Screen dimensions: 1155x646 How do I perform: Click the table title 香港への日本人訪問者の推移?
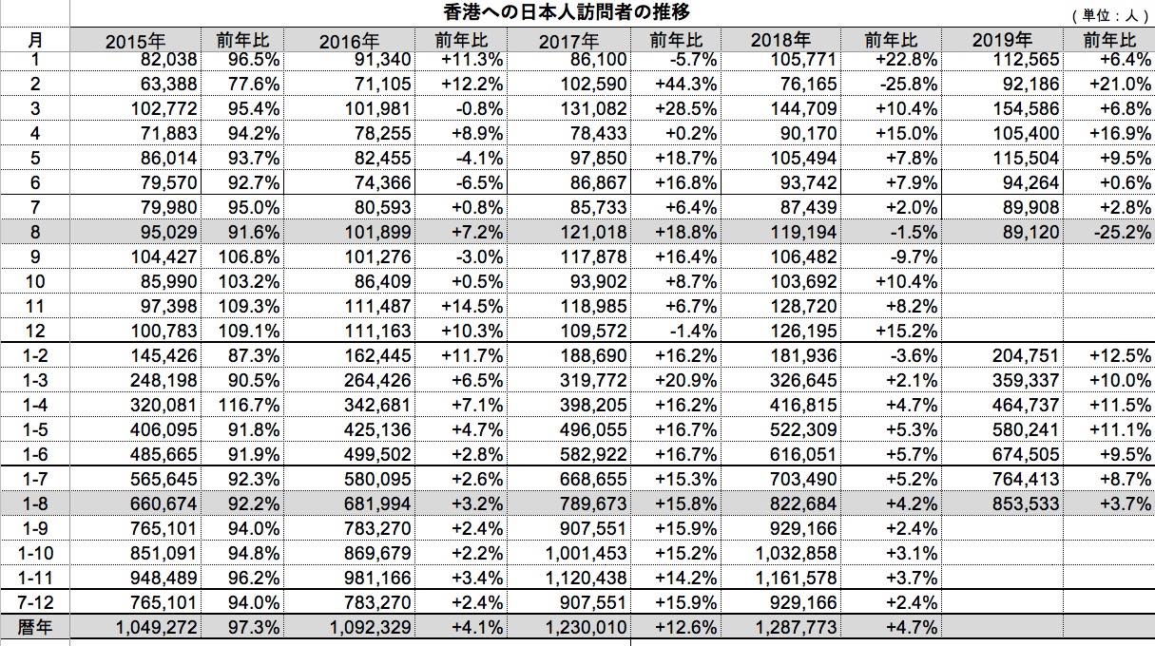coord(567,11)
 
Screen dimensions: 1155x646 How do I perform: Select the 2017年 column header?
coord(568,41)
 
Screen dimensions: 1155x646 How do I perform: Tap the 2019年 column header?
coord(1002,40)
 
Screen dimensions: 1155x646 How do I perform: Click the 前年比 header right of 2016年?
coord(461,40)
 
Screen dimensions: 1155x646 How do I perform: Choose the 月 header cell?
coord(35,40)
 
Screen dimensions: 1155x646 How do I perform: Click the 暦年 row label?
coord(35,627)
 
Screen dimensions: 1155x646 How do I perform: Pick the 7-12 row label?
coord(35,602)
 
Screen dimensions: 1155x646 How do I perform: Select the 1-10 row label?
coord(35,553)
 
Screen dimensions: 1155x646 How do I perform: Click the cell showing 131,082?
coord(593,108)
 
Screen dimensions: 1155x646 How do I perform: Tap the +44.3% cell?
coord(685,84)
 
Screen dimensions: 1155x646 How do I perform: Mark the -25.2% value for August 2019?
coord(1122,232)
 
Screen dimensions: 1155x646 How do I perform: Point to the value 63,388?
coord(168,84)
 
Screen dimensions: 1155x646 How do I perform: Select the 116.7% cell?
coord(249,405)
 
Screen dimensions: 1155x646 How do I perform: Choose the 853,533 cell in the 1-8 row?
coord(1026,503)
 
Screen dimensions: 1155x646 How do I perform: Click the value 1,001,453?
coord(587,553)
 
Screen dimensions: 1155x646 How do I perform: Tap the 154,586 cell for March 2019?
coord(1026,108)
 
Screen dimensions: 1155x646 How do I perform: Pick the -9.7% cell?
coord(914,256)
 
